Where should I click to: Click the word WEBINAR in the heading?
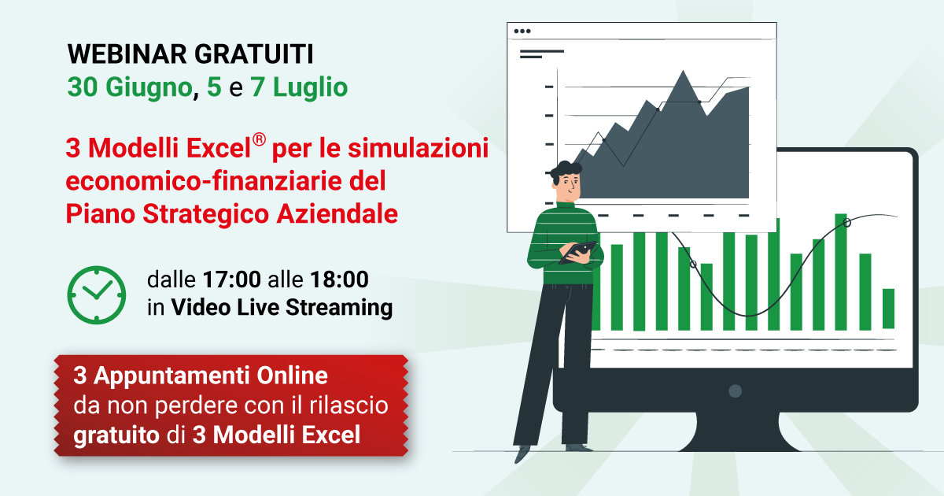127,54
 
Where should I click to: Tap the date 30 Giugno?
130,87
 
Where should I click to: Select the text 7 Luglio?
299,87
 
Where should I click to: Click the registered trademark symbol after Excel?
259,139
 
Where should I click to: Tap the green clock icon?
97,294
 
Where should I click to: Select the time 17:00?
232,279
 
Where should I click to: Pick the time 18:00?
339,279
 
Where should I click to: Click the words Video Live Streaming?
282,307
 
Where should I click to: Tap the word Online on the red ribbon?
292,376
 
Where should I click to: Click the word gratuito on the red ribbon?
116,435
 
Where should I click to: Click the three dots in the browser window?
522,31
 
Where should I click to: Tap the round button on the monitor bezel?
735,391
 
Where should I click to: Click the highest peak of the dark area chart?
683,71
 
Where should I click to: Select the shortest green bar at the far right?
888,309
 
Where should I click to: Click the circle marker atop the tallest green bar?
846,223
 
